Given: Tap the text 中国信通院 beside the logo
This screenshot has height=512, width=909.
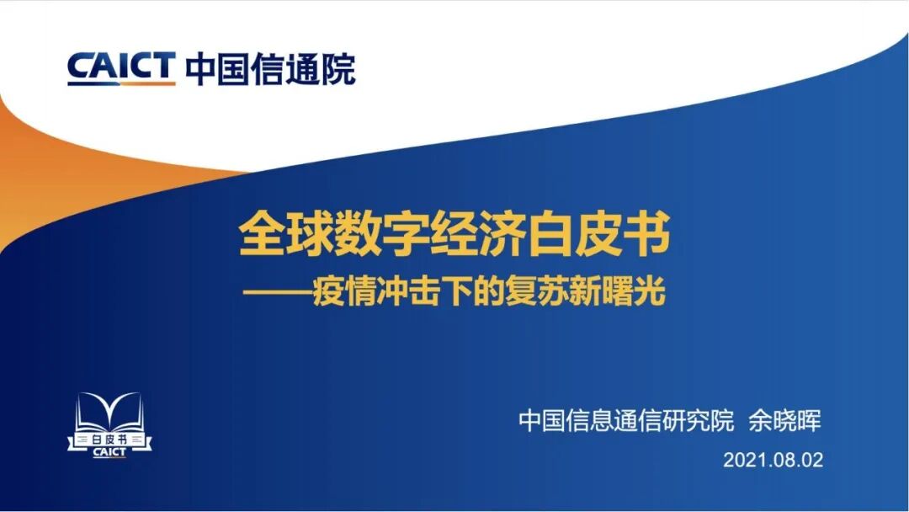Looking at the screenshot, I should click(x=270, y=68).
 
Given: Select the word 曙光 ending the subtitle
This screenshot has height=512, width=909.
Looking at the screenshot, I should click(x=639, y=293).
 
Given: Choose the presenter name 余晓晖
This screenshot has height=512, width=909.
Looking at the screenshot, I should click(x=785, y=421).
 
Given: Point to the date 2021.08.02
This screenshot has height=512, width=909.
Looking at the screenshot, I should click(x=772, y=461).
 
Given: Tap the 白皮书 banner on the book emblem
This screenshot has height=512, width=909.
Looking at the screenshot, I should click(x=109, y=440).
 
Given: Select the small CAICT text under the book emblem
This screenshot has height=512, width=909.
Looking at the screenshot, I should click(x=109, y=452).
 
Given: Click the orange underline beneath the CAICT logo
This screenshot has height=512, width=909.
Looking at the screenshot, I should click(x=121, y=83).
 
